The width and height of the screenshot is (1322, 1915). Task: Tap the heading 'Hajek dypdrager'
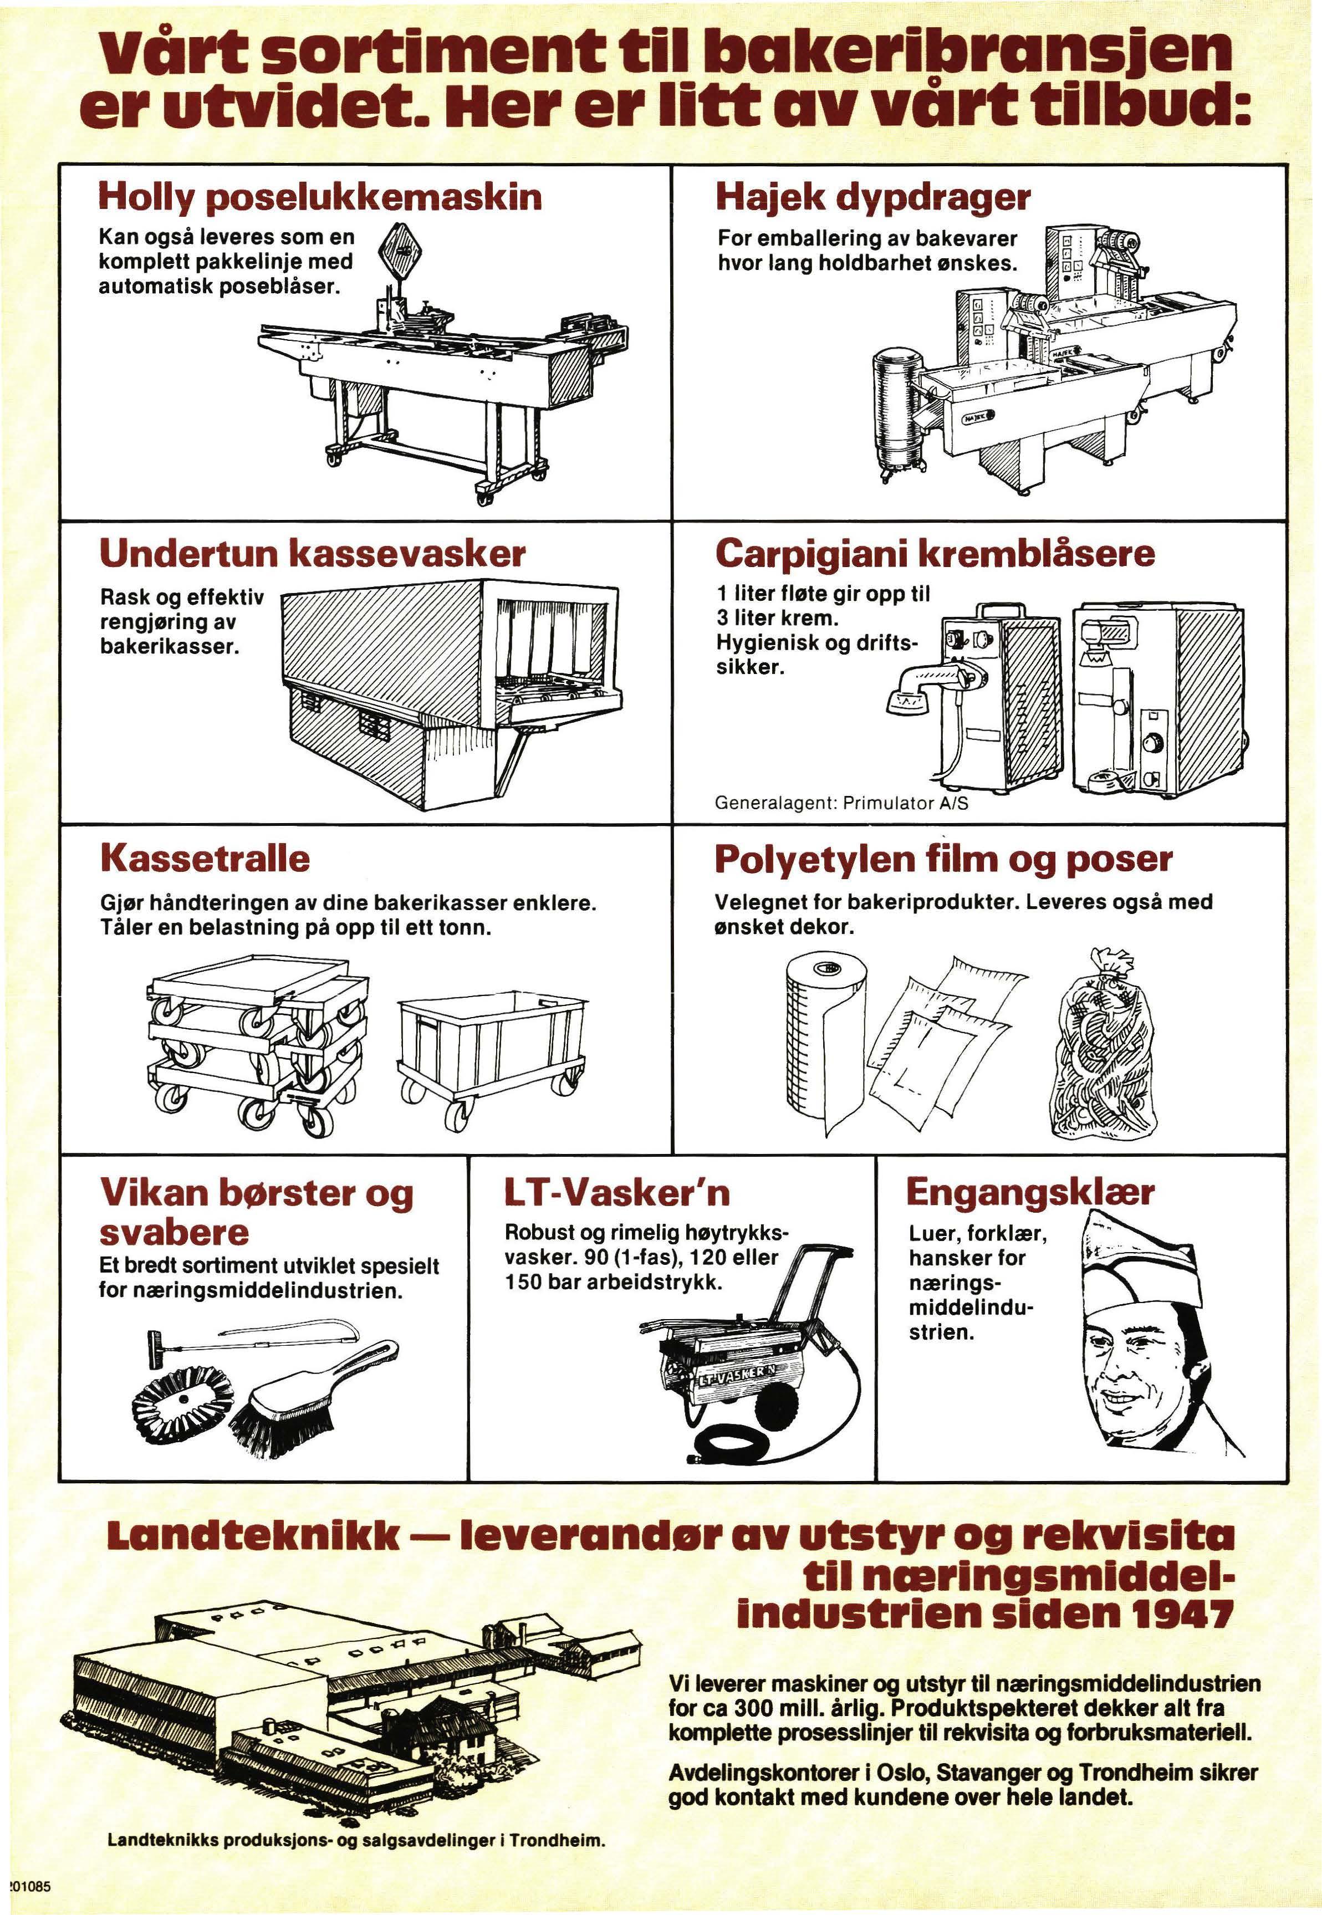click(x=873, y=197)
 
